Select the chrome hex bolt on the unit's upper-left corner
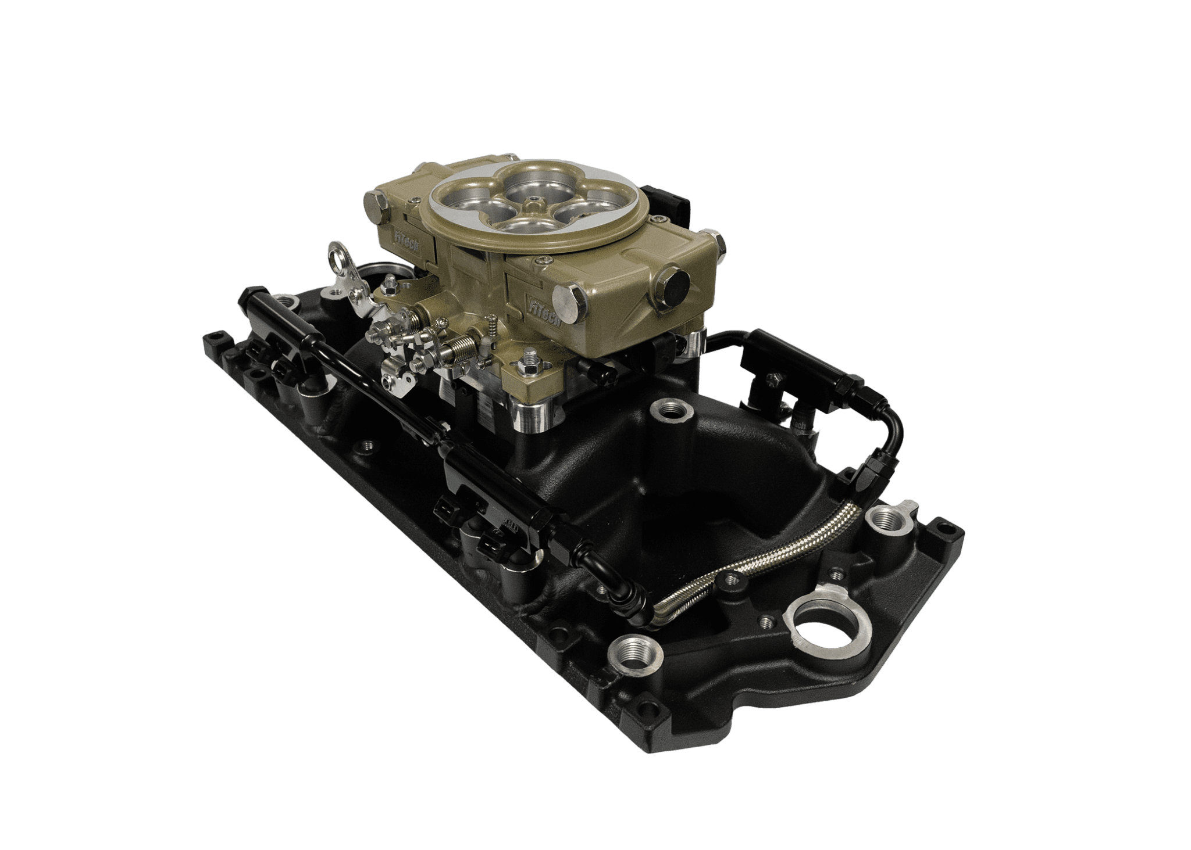click(372, 204)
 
